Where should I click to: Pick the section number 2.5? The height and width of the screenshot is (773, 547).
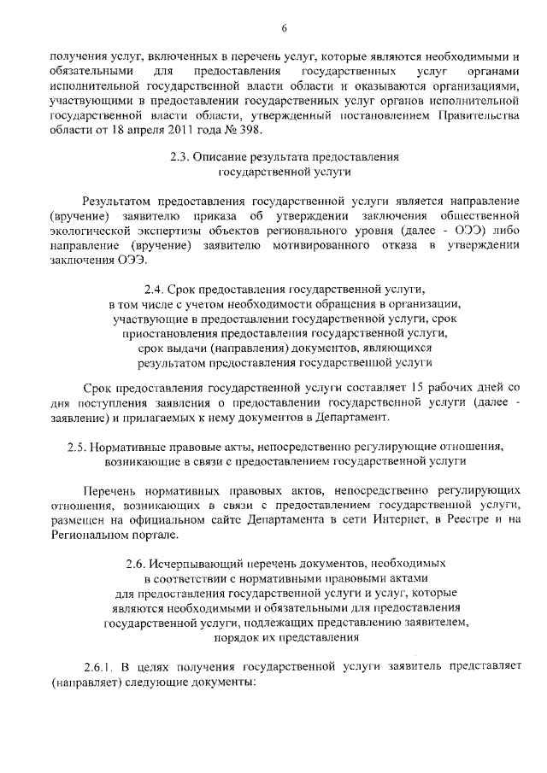tap(79, 446)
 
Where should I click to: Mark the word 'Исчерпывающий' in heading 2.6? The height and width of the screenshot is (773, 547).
tap(203, 564)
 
